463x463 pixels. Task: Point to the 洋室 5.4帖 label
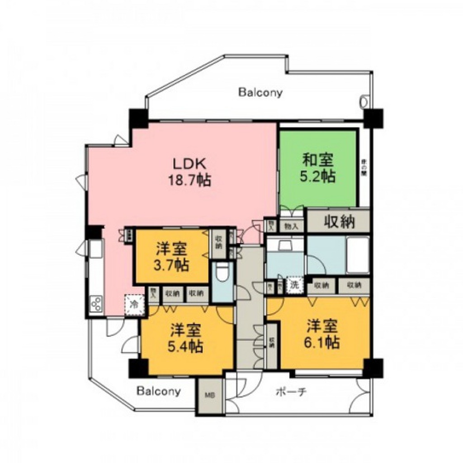tap(186, 338)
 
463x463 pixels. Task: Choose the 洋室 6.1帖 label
tap(323, 334)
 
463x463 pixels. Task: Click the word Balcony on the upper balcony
tap(260, 93)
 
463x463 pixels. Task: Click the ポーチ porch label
tap(291, 392)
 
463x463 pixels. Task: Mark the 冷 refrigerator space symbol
tap(134, 304)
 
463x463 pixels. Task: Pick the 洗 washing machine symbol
tap(294, 285)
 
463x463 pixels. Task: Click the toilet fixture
tap(222, 274)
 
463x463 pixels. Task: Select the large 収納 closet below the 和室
tap(339, 221)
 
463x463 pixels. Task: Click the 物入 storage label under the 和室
tap(290, 226)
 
